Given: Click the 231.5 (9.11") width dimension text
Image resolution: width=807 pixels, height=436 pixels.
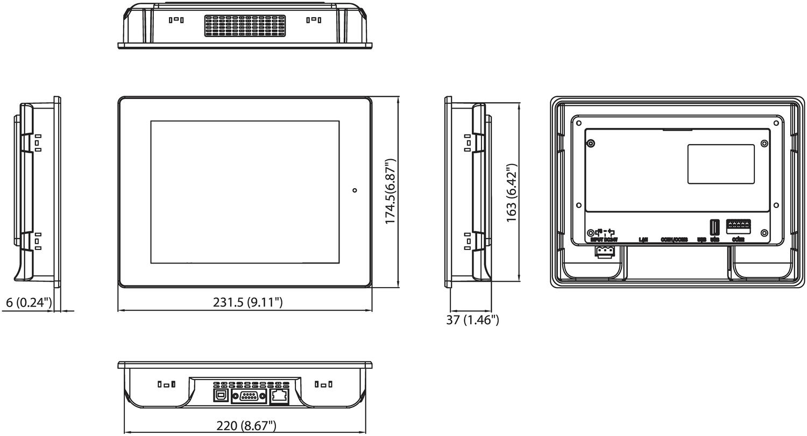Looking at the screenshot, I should [x=247, y=302].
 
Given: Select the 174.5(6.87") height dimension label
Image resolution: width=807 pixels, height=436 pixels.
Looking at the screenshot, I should [x=391, y=191].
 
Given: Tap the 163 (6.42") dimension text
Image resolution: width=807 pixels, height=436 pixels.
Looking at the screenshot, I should [x=512, y=192].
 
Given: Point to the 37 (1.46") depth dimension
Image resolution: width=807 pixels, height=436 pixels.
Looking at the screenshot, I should [x=472, y=320].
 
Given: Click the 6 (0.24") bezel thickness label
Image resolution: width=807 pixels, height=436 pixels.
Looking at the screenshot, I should [x=29, y=303].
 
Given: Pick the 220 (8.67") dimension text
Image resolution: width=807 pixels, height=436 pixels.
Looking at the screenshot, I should [x=246, y=426].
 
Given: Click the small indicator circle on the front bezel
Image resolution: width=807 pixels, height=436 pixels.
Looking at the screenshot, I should [x=355, y=190].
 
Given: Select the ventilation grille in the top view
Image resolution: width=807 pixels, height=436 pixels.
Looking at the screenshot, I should [x=244, y=25].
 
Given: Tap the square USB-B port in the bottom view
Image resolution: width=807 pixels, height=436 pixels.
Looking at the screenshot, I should [x=221, y=396].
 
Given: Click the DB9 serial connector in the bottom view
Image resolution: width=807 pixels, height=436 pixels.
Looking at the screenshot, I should [x=249, y=396].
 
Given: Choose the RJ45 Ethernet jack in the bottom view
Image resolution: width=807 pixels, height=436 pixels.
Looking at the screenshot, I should [x=279, y=397].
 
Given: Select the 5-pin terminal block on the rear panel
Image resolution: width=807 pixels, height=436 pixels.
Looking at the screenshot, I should [x=739, y=225].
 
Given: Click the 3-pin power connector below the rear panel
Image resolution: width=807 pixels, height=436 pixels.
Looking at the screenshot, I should [x=605, y=252].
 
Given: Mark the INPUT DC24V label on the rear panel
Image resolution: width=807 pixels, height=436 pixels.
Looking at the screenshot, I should [x=604, y=240].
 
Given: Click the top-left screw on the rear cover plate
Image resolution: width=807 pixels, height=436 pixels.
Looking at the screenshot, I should [x=591, y=144].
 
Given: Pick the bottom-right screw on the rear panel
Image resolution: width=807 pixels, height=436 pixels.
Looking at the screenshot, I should [x=764, y=233].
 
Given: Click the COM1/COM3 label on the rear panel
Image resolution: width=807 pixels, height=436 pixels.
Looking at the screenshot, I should [x=674, y=240].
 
